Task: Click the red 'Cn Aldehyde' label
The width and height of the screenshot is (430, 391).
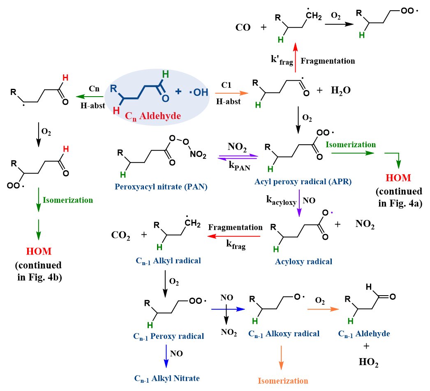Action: coord(153,116)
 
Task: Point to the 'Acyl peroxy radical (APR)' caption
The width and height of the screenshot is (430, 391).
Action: coord(303,181)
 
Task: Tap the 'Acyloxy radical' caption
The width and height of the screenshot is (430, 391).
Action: coord(304,261)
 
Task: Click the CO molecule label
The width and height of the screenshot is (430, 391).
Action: coord(243,28)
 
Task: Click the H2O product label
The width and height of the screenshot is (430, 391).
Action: coord(341,90)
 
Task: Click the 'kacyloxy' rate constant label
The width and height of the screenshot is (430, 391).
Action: coord(282,201)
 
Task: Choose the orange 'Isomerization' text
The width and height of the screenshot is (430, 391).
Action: coord(283,381)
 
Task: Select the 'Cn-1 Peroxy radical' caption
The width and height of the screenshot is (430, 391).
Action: coord(169,336)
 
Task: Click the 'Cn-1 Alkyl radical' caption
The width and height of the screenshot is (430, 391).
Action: coord(168,260)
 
